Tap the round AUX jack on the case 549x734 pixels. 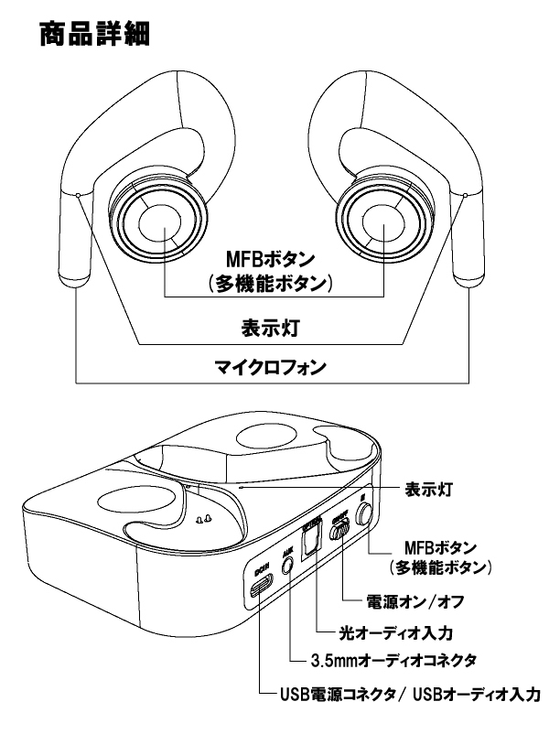point(291,565)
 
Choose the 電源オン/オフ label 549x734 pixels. point(410,603)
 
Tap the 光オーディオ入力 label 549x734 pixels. point(382,631)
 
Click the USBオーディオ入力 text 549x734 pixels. point(477,693)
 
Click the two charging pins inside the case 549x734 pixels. point(204,519)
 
